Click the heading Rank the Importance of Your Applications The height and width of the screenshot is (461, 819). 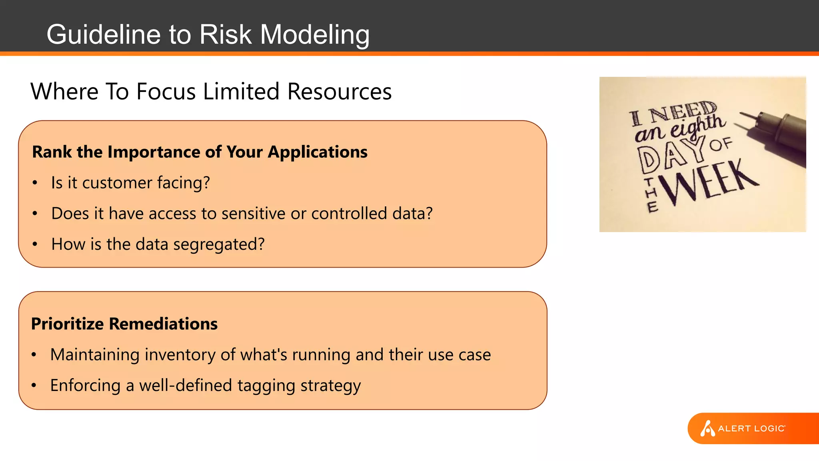[x=200, y=152]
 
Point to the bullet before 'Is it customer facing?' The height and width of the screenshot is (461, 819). [x=35, y=183]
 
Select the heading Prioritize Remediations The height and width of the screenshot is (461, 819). [x=124, y=324]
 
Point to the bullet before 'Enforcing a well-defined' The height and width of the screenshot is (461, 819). [x=34, y=386]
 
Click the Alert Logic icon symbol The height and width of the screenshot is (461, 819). [x=707, y=429]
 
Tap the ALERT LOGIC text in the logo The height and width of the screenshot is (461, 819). [x=751, y=429]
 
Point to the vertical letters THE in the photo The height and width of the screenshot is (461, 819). [x=651, y=195]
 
